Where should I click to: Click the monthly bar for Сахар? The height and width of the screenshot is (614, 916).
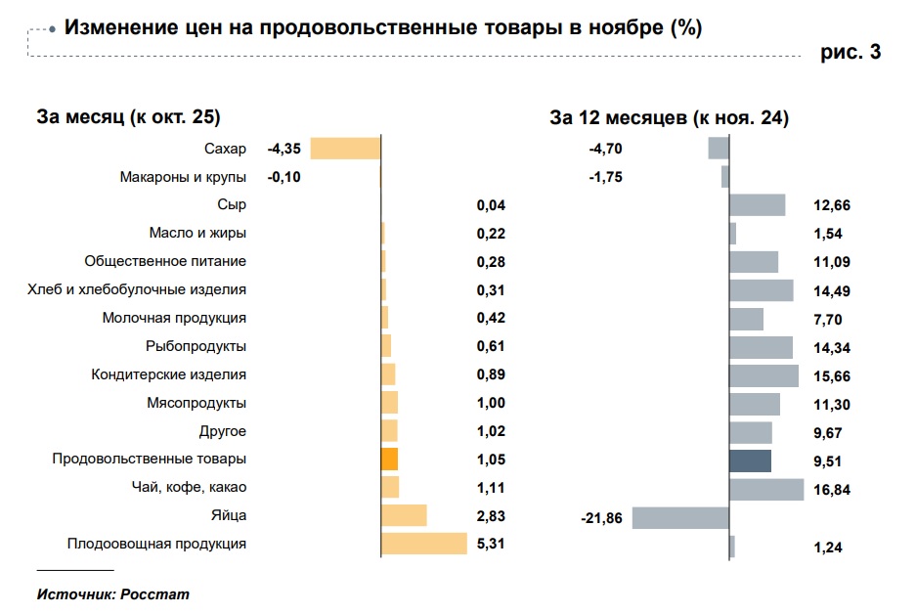[x=345, y=149]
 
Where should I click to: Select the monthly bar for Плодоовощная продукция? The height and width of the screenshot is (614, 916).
[x=424, y=544]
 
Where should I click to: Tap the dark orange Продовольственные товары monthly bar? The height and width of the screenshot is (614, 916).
[x=389, y=459]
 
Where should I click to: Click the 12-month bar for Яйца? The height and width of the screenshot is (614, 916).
[x=680, y=517]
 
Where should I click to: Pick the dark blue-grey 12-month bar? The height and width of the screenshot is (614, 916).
[x=750, y=460]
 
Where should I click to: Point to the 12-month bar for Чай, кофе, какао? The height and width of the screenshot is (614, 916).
[x=766, y=489]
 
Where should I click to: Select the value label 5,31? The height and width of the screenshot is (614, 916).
[x=490, y=544]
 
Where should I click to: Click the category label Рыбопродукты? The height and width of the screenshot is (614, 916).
[x=196, y=346]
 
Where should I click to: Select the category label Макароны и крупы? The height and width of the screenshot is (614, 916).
[x=183, y=177]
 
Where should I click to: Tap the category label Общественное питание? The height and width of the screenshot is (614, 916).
[x=165, y=261]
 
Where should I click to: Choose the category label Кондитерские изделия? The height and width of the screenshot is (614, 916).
[x=168, y=374]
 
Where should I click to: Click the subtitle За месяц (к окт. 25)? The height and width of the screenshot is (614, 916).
[x=128, y=117]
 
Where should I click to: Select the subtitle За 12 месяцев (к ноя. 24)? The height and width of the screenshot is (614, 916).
[x=670, y=118]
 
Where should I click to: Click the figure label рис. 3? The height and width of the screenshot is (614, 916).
[x=850, y=53]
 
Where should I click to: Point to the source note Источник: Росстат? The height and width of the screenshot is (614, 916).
[x=112, y=593]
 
